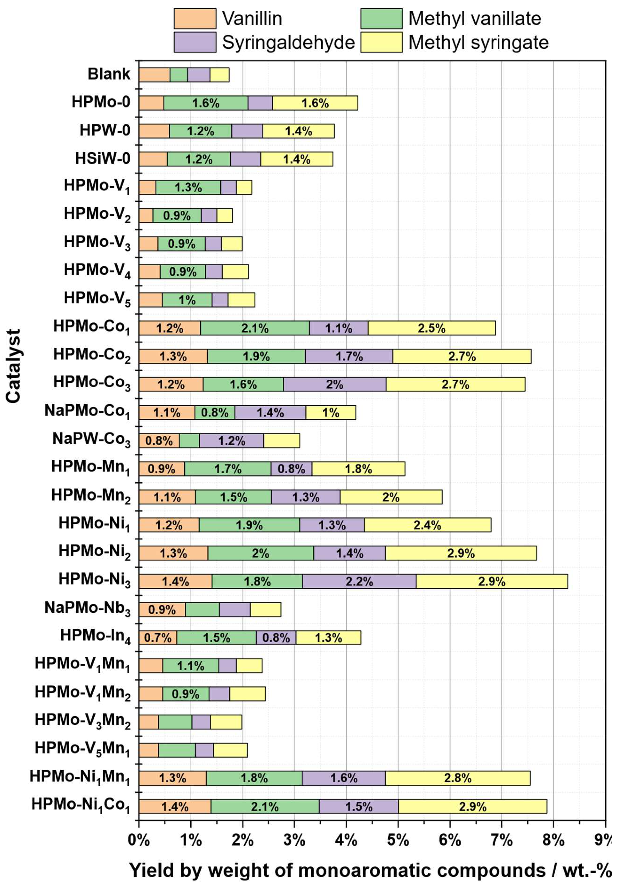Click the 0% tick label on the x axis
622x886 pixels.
click(139, 839)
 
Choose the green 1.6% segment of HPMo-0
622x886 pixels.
click(206, 103)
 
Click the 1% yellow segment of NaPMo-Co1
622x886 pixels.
click(330, 412)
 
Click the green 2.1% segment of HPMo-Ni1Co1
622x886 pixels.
click(265, 806)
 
